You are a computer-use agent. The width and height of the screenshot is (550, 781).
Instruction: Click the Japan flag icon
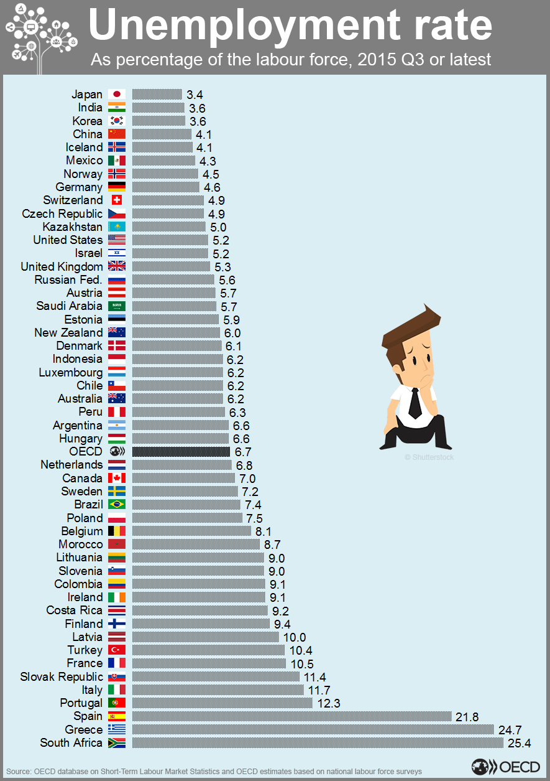(117, 95)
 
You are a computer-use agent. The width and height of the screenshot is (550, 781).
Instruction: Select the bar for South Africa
(318, 742)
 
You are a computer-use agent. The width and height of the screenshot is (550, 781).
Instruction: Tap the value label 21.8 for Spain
(467, 716)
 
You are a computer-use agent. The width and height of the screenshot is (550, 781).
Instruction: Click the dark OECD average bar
(181, 452)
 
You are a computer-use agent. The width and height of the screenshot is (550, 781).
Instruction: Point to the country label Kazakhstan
(72, 227)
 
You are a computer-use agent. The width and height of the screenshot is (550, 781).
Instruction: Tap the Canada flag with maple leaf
(117, 478)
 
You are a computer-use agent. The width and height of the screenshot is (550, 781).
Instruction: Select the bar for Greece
(313, 729)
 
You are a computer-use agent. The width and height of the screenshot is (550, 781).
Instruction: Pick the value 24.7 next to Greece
(510, 729)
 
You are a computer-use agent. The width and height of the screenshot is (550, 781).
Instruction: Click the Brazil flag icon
(117, 505)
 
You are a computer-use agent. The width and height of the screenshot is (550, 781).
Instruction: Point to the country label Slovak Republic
(62, 676)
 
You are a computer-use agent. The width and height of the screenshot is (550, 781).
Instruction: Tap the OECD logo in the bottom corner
(505, 767)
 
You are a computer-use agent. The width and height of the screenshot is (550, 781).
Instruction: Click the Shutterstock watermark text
(429, 457)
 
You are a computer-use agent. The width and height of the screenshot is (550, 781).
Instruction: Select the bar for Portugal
(222, 703)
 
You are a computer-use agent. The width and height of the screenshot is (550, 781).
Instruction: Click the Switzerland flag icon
(117, 200)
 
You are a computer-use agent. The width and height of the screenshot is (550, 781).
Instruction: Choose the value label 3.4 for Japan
(195, 95)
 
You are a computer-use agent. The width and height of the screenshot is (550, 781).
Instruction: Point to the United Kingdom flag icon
(117, 266)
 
